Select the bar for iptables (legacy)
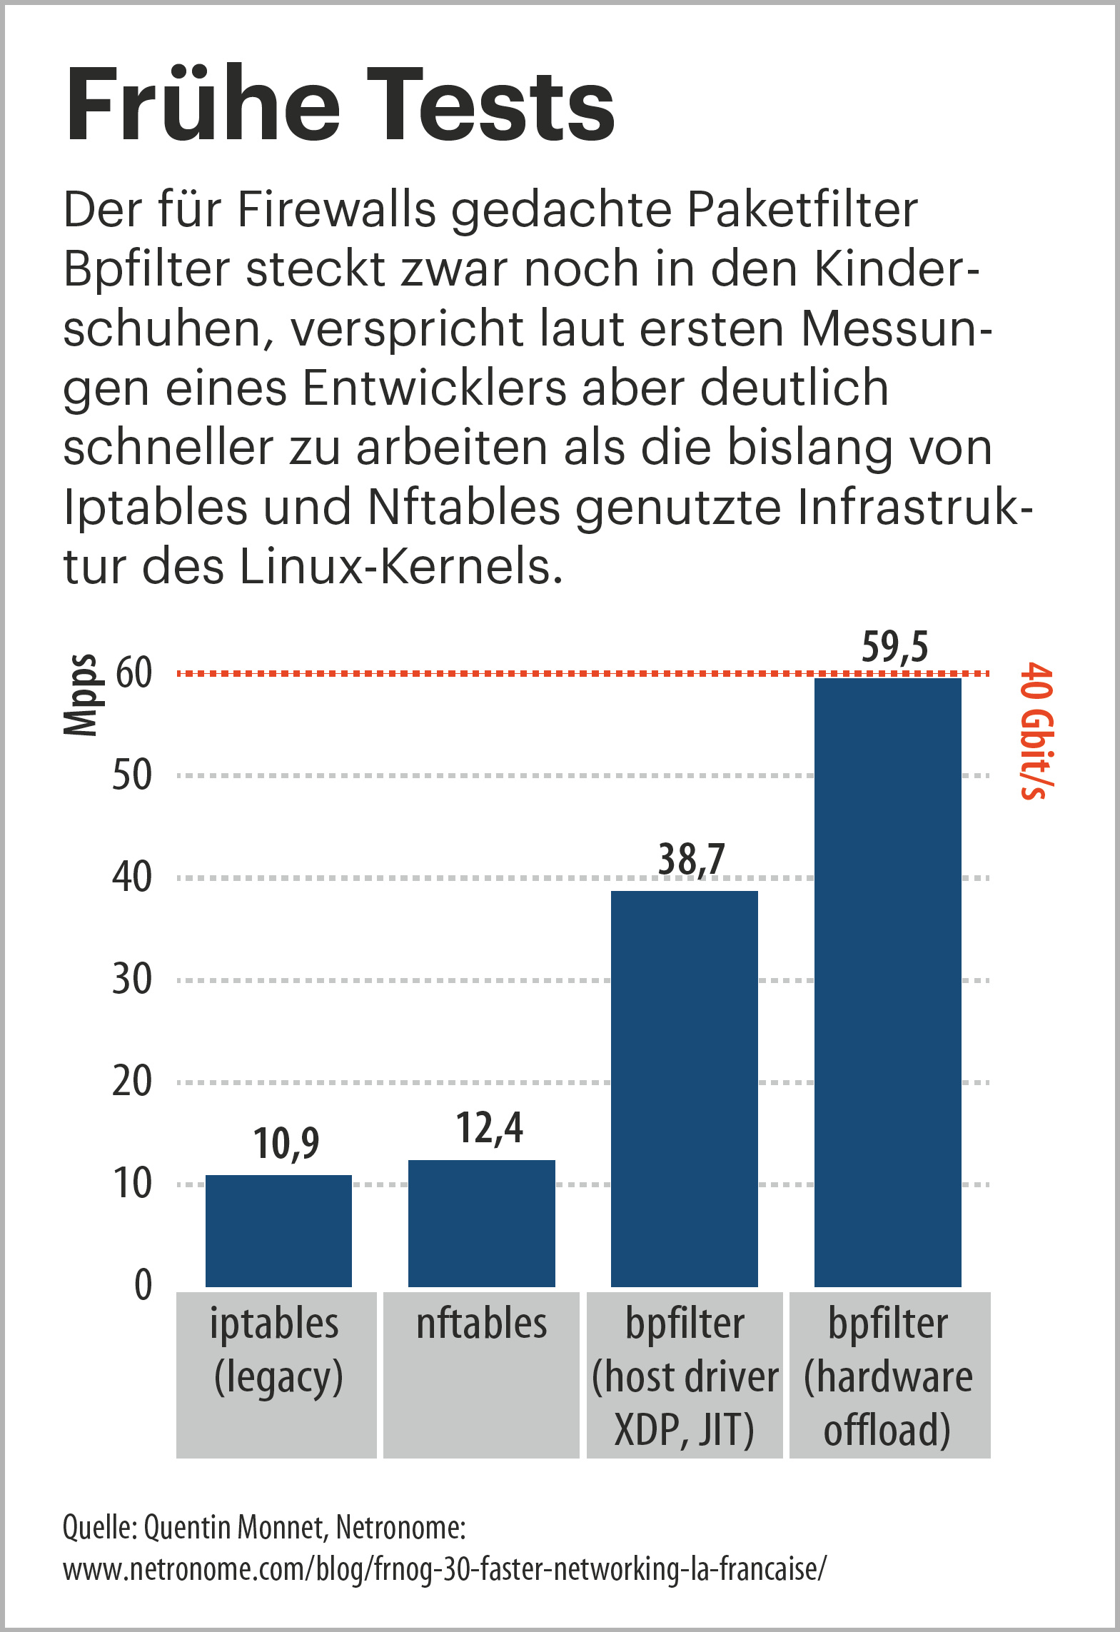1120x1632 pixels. coord(278,1231)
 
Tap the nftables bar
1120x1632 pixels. coord(481,1224)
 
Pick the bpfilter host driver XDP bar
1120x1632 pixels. coord(684,1089)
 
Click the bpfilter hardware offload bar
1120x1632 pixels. coord(887,982)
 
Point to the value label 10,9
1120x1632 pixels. coord(286,1144)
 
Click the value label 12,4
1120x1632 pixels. coord(489,1129)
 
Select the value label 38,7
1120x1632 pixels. coord(691,859)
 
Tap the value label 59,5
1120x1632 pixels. coord(894,648)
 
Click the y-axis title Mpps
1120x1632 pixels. coord(80,695)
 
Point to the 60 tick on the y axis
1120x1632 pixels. coord(133,673)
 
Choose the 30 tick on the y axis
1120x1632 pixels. coord(132,979)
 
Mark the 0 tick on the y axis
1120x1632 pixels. coord(143,1285)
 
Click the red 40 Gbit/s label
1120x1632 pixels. coord(1036,731)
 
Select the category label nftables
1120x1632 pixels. coord(482,1324)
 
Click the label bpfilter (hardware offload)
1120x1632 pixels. coord(888,1376)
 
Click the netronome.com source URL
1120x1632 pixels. coord(444,1570)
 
